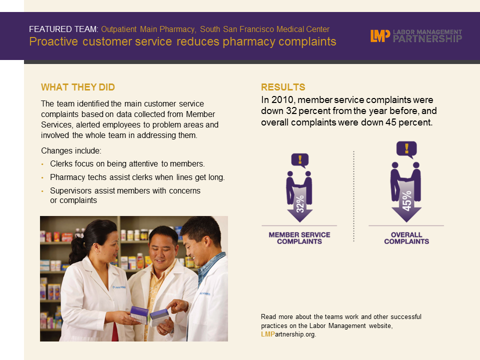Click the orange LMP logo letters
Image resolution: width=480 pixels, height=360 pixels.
(x=380, y=36)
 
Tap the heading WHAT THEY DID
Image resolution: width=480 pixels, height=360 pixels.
(x=78, y=87)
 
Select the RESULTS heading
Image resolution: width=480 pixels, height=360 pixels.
(x=283, y=87)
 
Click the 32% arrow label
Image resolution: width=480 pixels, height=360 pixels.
(x=300, y=203)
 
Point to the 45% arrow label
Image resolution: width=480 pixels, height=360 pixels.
(x=406, y=201)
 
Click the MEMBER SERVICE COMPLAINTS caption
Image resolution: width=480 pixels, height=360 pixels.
(x=299, y=238)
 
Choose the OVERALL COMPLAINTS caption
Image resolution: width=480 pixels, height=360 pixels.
(x=406, y=238)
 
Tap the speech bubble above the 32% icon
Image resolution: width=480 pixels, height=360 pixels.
(x=300, y=160)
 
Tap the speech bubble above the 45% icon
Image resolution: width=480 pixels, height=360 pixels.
(x=406, y=149)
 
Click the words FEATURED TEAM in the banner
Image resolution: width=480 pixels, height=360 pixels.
(x=63, y=29)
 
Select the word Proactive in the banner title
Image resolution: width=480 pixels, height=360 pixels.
(x=53, y=41)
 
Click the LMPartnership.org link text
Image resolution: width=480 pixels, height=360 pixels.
(x=288, y=334)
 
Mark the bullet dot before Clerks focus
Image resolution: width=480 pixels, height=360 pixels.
(x=42, y=164)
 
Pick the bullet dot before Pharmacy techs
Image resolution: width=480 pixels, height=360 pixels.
(x=42, y=178)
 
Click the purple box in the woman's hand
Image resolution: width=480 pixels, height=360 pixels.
(x=139, y=314)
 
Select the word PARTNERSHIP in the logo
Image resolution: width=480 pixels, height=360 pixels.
(x=427, y=38)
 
